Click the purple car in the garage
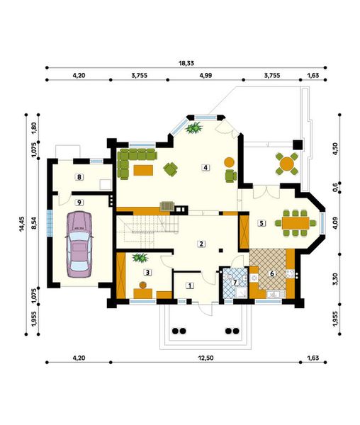click(79, 244)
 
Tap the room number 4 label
click(206, 168)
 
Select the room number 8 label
click(79, 177)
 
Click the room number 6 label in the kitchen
click(271, 273)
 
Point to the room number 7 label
click(235, 283)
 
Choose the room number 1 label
click(190, 285)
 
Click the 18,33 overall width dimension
click(186, 64)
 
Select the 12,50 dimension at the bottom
click(206, 358)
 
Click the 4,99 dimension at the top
click(206, 76)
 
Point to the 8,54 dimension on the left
click(34, 224)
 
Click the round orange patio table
click(287, 164)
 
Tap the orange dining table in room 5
click(296, 223)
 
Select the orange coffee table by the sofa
click(143, 170)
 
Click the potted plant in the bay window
click(194, 127)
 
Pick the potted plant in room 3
click(140, 258)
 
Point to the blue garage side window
click(50, 224)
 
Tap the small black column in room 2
click(221, 251)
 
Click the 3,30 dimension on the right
click(336, 279)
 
